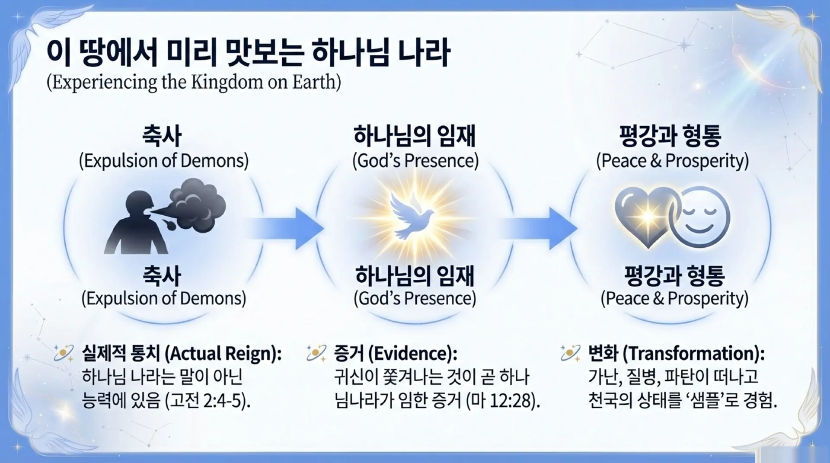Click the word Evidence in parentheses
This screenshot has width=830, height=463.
click(412, 354)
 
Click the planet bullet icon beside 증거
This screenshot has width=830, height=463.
click(316, 353)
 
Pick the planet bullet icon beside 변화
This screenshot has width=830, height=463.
click(570, 353)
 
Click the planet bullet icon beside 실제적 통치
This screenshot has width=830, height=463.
click(64, 353)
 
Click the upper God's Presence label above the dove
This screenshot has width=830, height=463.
click(415, 161)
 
